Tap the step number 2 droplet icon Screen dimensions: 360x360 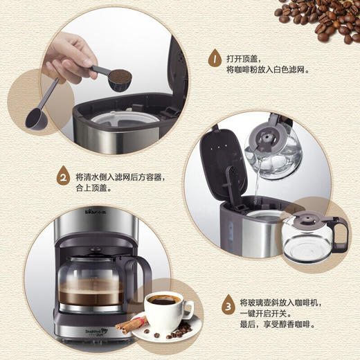coord(62,178)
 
